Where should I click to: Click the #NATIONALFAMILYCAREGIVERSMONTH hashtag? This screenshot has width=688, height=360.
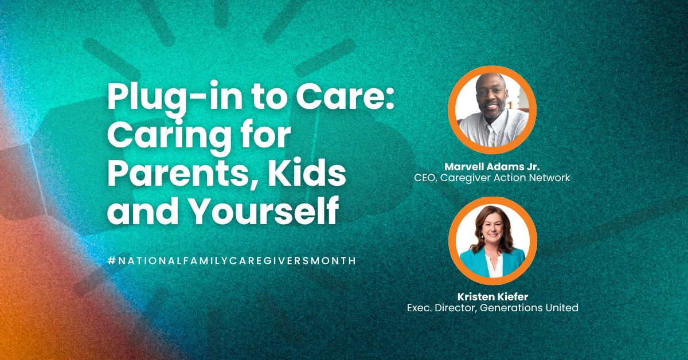(232, 261)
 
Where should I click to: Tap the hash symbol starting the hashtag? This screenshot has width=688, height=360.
(111, 261)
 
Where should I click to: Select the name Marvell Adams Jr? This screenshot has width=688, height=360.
(492, 167)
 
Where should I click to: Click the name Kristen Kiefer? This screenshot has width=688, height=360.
(492, 297)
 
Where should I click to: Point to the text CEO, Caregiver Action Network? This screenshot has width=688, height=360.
(492, 178)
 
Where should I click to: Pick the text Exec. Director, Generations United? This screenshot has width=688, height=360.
(492, 308)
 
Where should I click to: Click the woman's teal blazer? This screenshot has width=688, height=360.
(491, 262)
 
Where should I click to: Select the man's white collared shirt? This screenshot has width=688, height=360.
(493, 128)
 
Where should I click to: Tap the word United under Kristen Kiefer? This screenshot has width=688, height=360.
(562, 308)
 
